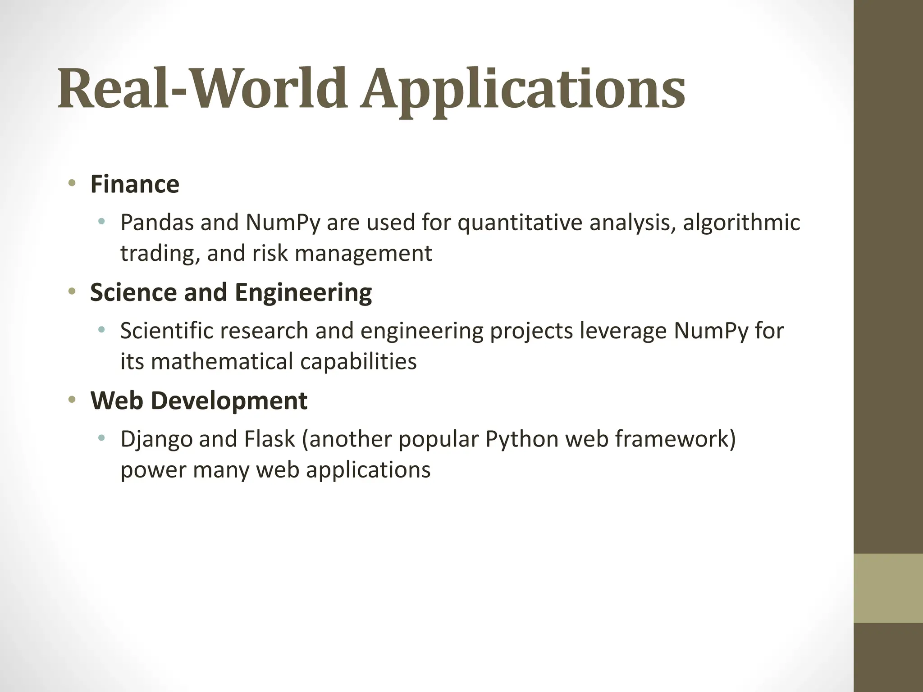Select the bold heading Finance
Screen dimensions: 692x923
click(135, 184)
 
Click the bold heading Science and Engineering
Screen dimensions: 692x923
click(231, 292)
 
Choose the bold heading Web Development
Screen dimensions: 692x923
click(199, 401)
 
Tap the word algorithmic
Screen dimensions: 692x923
click(741, 223)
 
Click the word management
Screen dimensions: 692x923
click(363, 253)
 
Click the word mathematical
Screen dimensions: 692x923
click(222, 361)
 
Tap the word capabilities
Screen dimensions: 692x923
click(358, 361)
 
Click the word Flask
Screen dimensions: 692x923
click(269, 439)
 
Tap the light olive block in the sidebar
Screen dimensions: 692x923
click(888, 588)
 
